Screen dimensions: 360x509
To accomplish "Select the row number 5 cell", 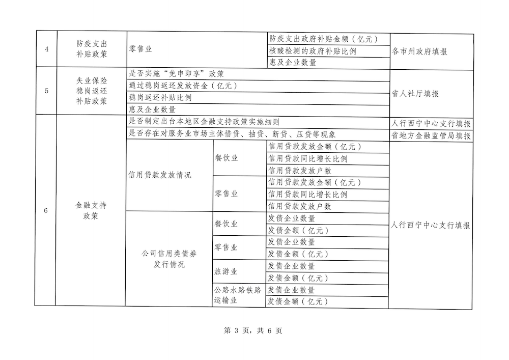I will tap(46, 91).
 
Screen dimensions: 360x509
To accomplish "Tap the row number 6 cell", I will tap(46, 211).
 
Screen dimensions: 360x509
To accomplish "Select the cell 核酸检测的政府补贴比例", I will tap(312, 51).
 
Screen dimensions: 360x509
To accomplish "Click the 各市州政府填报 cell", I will tap(420, 51).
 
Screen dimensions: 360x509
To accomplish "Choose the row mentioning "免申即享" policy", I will tap(177, 74).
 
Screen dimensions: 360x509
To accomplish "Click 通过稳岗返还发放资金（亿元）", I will tap(184, 86).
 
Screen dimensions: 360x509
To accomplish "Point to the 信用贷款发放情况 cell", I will tap(160, 176).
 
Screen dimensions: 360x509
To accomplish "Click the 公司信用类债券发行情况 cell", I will tap(169, 259).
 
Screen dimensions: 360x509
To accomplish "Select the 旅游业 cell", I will tap(226, 272).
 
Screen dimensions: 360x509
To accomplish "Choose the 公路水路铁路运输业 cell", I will tap(238, 295).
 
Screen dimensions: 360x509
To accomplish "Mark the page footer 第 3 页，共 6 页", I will tap(253, 330).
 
